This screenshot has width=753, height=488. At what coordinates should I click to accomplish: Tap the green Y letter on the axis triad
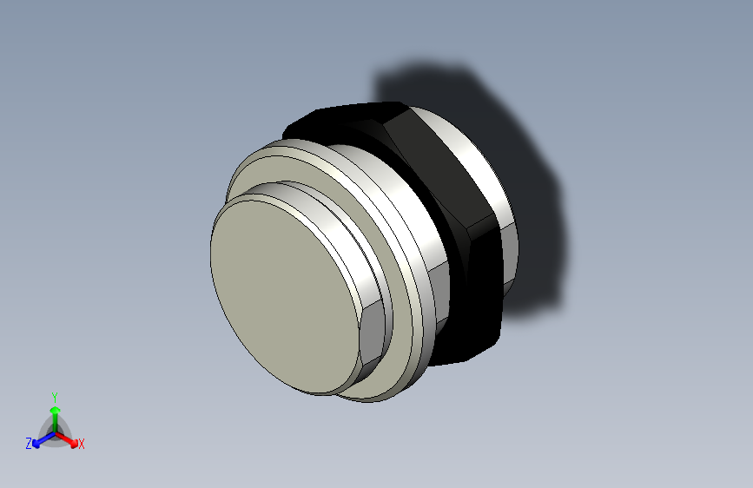55,395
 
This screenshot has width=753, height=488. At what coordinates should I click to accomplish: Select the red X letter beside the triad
82,444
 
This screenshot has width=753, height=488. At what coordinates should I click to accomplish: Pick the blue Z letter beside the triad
29,444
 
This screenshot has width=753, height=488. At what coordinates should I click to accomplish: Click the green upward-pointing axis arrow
55,412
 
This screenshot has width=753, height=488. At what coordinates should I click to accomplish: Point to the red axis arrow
69,439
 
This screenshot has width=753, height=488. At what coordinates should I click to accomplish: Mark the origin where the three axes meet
55,432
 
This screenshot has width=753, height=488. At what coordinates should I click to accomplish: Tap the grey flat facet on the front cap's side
369,334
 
